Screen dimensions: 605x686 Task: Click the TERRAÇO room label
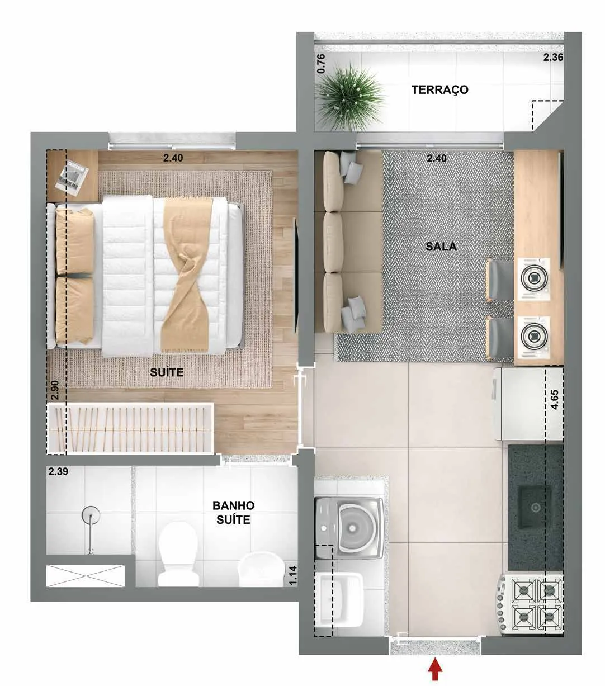[x=439, y=89]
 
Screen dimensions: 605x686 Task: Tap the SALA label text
[x=441, y=247]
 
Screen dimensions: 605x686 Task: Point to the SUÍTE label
[x=167, y=372]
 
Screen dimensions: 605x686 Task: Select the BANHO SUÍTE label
[x=233, y=512]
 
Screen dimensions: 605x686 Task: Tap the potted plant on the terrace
[x=349, y=97]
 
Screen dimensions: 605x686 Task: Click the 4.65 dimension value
[x=554, y=400]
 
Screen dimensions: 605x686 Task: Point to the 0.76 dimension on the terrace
[x=321, y=64]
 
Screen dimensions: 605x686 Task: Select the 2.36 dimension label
[x=553, y=58]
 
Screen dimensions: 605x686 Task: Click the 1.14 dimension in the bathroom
[x=293, y=575]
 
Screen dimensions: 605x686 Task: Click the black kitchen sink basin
[x=535, y=508]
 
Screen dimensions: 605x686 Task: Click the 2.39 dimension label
[x=58, y=472]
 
